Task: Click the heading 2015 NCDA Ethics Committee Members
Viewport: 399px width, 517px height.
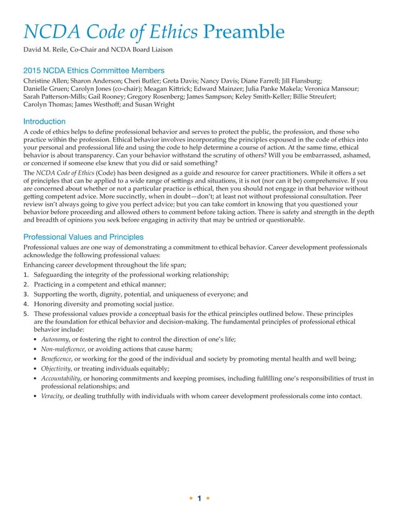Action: coord(94,71)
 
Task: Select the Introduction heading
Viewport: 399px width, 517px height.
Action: coord(44,121)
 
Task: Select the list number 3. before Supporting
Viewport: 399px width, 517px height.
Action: coord(26,294)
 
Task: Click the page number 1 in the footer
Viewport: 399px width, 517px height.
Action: coord(199,498)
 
